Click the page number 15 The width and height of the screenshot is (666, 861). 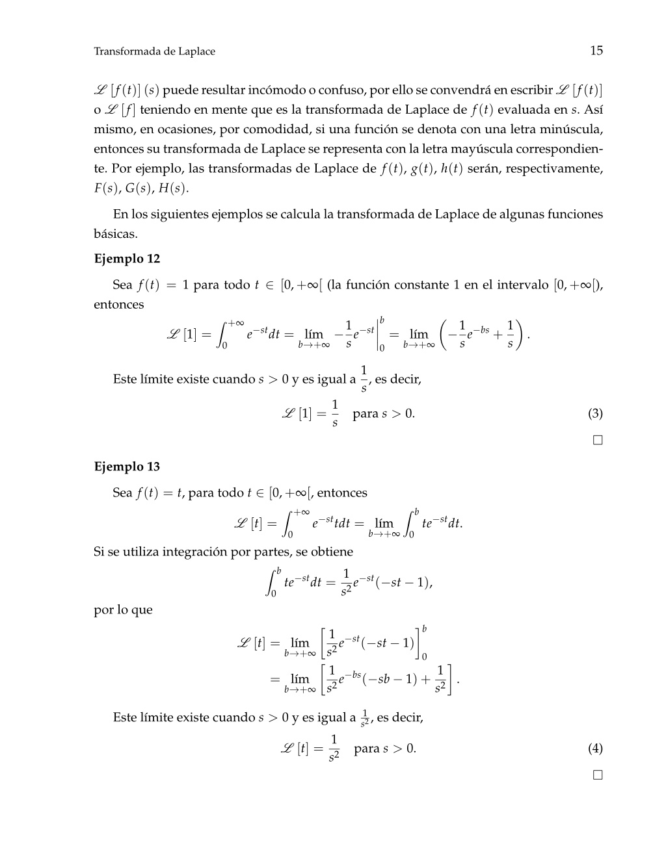[x=596, y=51]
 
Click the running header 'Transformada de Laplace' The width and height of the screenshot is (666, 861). [x=154, y=51]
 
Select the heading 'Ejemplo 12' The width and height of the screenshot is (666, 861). [x=127, y=259]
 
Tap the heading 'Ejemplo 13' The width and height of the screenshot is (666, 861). [x=127, y=467]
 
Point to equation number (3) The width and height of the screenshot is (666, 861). [x=595, y=414]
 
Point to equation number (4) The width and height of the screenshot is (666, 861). [x=595, y=749]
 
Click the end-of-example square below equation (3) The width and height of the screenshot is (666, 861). [x=598, y=441]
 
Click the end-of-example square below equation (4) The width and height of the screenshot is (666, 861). [x=598, y=775]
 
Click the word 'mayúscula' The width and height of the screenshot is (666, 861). [x=480, y=149]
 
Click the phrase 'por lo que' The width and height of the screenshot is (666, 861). [x=124, y=610]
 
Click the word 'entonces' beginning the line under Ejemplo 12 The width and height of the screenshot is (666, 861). [x=119, y=305]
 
